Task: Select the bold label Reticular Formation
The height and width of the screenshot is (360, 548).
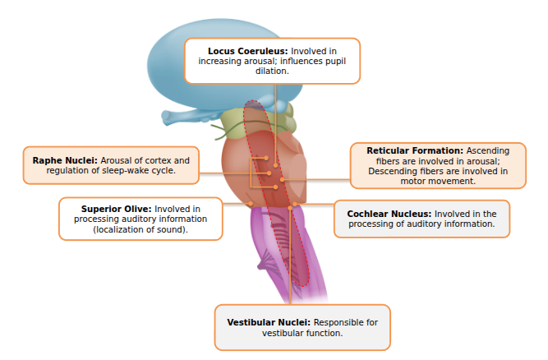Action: (415, 151)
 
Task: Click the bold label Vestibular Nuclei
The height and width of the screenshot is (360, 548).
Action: (269, 323)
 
